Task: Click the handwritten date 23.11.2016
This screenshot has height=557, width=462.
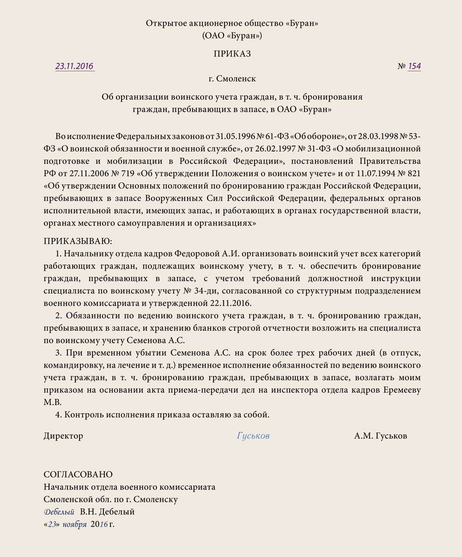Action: click(74, 66)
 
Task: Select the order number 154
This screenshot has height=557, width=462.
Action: click(414, 66)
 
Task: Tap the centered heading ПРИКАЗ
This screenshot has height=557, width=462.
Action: click(232, 54)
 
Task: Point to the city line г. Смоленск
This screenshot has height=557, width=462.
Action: click(232, 79)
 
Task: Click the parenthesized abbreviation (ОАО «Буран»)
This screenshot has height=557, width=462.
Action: click(232, 36)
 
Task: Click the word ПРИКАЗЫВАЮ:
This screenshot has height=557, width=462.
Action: click(78, 241)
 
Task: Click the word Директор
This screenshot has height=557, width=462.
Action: click(63, 436)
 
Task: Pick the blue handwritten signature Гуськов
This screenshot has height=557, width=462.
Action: click(253, 436)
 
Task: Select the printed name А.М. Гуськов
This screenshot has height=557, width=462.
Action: click(381, 436)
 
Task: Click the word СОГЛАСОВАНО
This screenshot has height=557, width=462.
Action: click(78, 474)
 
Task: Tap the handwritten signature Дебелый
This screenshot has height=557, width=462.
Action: click(59, 512)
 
